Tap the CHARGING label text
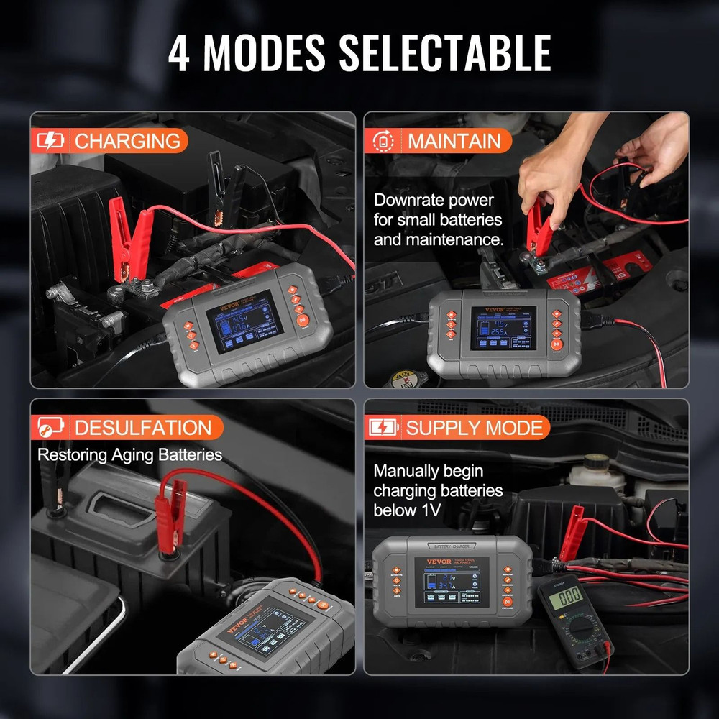(x=127, y=141)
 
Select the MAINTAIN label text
(x=454, y=141)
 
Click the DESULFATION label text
(x=143, y=429)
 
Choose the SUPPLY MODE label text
(x=474, y=429)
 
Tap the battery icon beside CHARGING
(x=50, y=141)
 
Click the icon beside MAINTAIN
(x=384, y=141)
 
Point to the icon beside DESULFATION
(x=50, y=429)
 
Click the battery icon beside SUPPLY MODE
(x=384, y=429)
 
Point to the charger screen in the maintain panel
(x=503, y=328)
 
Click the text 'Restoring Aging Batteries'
(x=129, y=454)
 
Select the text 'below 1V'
(x=406, y=510)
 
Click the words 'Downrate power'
(x=433, y=200)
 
